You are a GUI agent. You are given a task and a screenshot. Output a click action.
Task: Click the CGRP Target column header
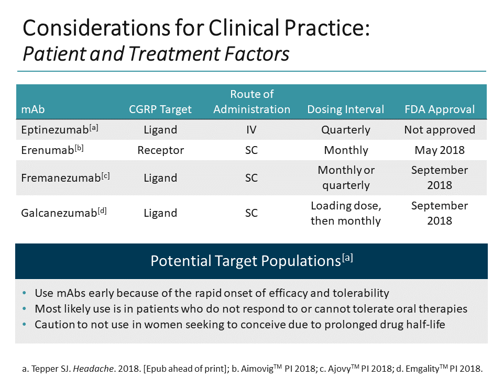point(160,109)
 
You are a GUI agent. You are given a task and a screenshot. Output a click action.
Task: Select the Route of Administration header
point(251,102)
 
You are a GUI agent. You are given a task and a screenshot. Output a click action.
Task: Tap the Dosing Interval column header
point(345,109)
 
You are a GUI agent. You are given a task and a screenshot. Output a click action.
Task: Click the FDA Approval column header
point(440,109)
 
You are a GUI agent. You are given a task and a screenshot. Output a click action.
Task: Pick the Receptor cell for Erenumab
point(160,150)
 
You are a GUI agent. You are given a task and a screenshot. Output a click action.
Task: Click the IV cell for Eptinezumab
point(251,130)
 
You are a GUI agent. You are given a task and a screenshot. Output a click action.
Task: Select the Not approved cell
point(440,130)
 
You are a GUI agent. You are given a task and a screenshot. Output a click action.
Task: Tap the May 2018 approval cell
point(440,150)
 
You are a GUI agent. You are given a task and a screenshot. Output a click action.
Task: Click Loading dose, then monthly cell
point(345,213)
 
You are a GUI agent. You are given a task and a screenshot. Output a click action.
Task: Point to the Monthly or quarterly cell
point(345,178)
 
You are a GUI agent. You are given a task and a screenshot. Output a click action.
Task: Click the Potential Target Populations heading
point(251,261)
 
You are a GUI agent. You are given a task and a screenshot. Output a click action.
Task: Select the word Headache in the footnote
point(89,369)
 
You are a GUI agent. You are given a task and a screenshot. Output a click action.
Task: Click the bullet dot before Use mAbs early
point(26,293)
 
